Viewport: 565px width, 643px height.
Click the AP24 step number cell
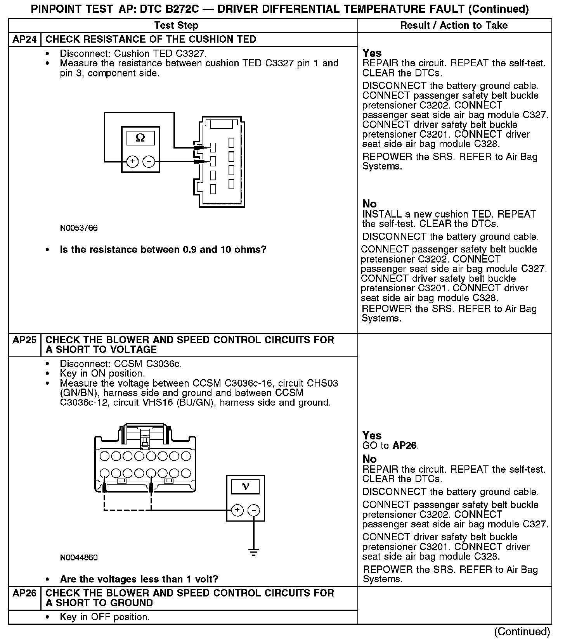click(24, 40)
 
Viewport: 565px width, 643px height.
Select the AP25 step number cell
click(24, 340)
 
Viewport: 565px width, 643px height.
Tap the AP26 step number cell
click(24, 593)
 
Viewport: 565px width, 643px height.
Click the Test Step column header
click(176, 26)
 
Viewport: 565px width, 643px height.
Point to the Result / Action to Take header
click(454, 26)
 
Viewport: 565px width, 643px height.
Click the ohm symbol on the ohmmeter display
click(140, 138)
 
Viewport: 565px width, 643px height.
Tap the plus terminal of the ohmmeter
click(132, 161)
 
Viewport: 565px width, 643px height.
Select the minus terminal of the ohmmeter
click(149, 161)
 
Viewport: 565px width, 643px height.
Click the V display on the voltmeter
click(245, 486)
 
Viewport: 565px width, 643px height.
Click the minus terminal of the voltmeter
click(254, 510)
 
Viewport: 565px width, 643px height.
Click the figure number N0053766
click(79, 228)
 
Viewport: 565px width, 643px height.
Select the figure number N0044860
click(79, 558)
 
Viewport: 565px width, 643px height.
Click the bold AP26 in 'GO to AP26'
click(405, 445)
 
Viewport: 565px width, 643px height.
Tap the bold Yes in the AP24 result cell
click(372, 53)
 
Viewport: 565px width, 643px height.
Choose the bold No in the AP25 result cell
click(369, 459)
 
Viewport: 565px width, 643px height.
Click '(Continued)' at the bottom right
click(522, 632)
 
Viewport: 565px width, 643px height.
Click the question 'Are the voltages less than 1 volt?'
click(139, 579)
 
